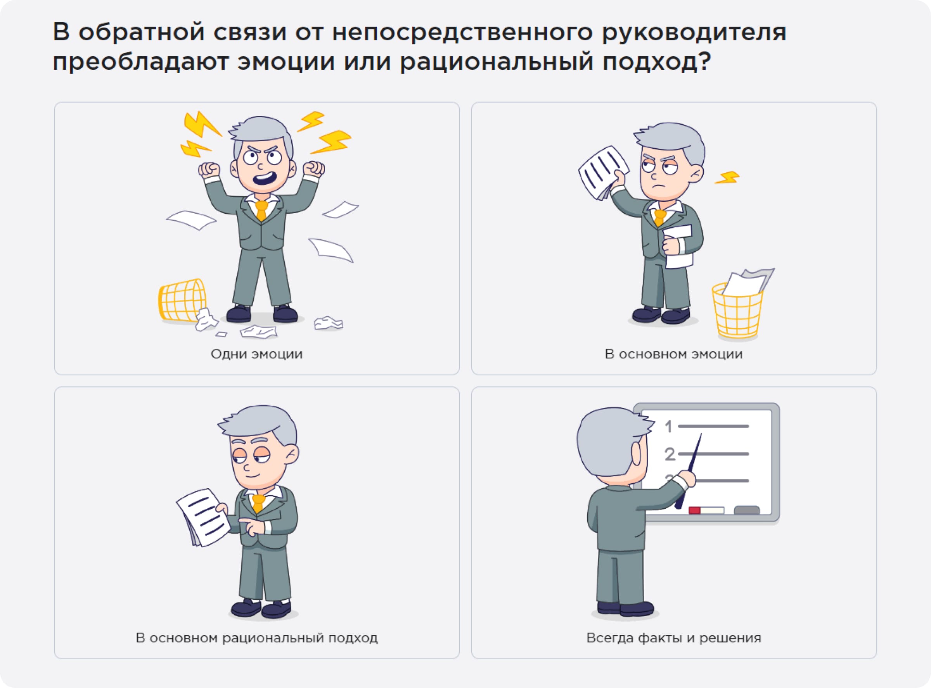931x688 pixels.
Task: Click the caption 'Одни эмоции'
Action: pyautogui.click(x=256, y=354)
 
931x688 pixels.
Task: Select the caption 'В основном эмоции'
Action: pyautogui.click(x=673, y=354)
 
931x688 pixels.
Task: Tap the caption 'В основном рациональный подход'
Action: pyautogui.click(x=256, y=638)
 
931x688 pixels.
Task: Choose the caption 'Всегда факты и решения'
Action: pyautogui.click(x=673, y=638)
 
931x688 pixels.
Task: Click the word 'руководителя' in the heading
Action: pyautogui.click(x=694, y=33)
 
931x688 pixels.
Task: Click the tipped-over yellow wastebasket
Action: pyautogui.click(x=182, y=300)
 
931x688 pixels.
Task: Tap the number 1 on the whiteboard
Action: pyautogui.click(x=668, y=427)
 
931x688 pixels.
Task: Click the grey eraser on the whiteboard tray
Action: pyautogui.click(x=746, y=510)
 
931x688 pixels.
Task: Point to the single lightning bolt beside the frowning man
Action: pyautogui.click(x=727, y=178)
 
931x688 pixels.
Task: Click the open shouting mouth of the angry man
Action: pyautogui.click(x=265, y=179)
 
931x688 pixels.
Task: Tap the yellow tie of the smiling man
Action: pyautogui.click(x=258, y=503)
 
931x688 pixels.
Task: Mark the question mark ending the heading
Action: pyautogui.click(x=704, y=62)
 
